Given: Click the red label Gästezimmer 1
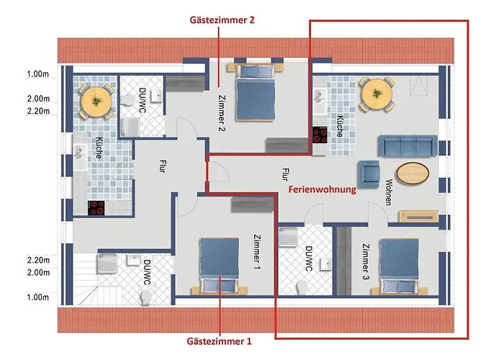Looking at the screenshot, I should click(219, 341).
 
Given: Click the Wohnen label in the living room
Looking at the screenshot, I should click(389, 192).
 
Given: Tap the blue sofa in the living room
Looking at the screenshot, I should click(408, 146).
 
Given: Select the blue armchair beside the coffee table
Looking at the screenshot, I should click(369, 173).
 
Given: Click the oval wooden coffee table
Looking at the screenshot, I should click(413, 174).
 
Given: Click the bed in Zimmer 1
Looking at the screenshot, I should click(219, 264).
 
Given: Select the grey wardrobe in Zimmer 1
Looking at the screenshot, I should click(249, 206).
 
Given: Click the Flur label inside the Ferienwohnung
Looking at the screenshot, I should click(286, 173).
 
